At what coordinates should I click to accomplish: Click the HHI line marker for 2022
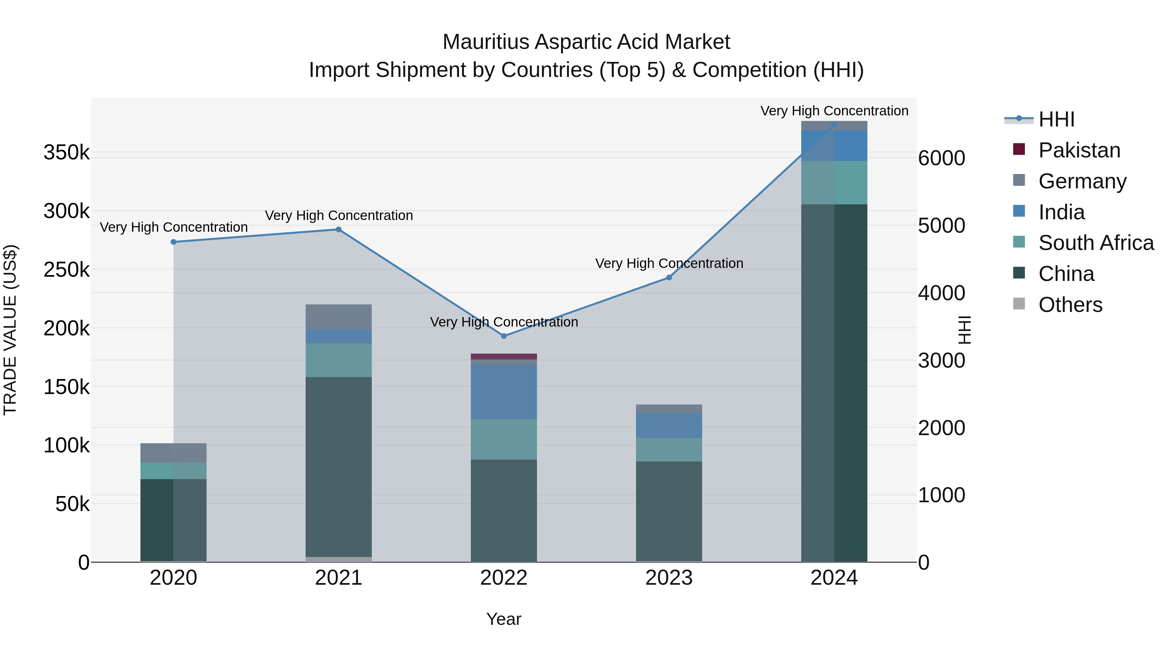(504, 336)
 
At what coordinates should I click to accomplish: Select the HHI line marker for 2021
(338, 229)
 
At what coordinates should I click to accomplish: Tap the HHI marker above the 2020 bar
(173, 242)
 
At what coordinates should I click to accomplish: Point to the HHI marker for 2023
(669, 277)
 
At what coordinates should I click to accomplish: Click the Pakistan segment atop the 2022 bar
(504, 356)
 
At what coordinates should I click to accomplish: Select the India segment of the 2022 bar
(504, 392)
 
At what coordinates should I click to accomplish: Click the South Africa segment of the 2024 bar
(834, 182)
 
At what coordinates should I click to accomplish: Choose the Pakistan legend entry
(1079, 150)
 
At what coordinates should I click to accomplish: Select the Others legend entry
(1070, 305)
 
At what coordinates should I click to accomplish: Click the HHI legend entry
(1056, 119)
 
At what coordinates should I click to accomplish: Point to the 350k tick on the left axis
(66, 152)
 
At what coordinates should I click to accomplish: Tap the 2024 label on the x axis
(834, 578)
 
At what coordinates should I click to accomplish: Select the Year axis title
(504, 619)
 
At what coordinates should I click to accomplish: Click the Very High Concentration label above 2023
(669, 263)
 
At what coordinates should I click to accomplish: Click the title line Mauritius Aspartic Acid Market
(586, 42)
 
